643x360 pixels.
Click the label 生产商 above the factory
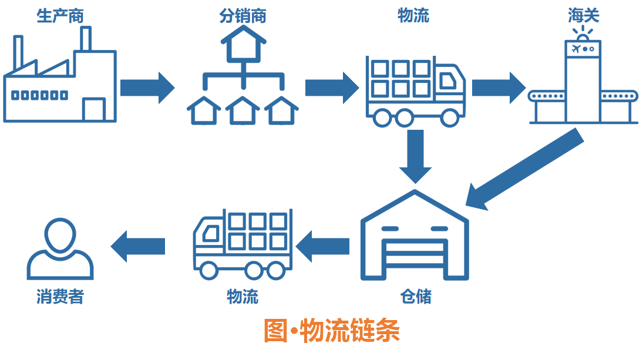tap(60, 16)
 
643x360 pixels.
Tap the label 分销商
tap(243, 16)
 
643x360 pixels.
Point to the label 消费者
tap(59, 297)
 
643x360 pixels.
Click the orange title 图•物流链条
tap(332, 331)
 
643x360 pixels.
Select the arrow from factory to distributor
tap(147, 88)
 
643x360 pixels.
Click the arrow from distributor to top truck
tap(331, 88)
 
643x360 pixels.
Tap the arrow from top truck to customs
tap(498, 88)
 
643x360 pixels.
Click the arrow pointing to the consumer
tap(138, 245)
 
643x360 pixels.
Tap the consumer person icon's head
tap(59, 235)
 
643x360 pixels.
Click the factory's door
tap(94, 110)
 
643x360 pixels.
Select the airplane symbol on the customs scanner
tap(575, 48)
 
